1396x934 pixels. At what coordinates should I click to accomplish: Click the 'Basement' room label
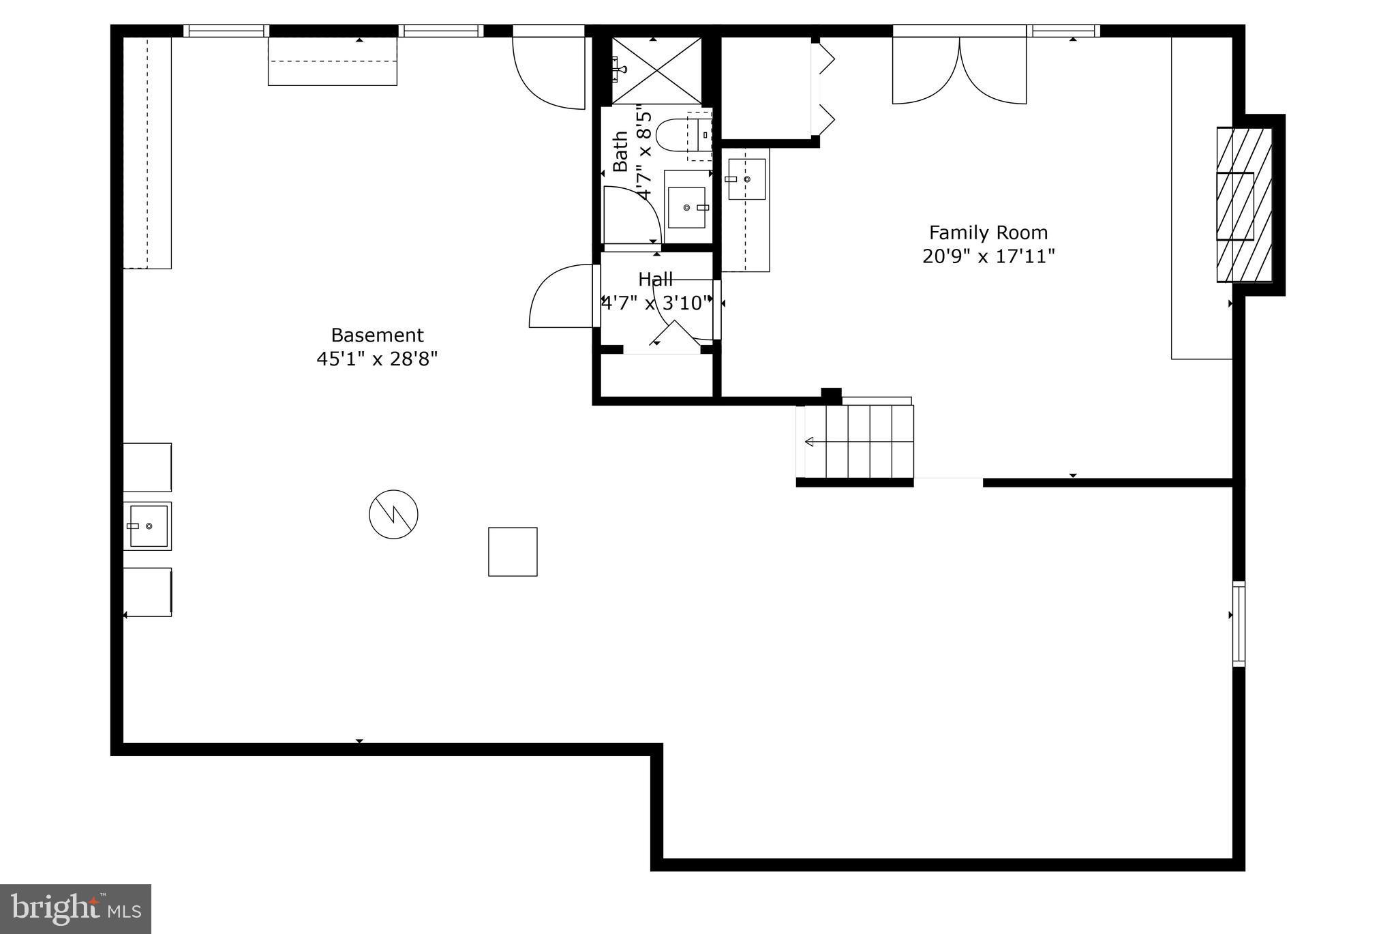[x=377, y=335]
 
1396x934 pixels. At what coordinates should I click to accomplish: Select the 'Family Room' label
[x=988, y=233]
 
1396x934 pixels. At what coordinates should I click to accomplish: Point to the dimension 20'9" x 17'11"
[x=988, y=257]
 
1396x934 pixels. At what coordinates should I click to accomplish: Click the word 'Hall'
[x=656, y=280]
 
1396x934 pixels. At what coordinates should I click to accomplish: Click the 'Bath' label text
[x=620, y=151]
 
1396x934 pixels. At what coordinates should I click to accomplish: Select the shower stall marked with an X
[x=656, y=70]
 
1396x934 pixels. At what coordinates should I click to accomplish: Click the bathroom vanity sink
[x=687, y=207]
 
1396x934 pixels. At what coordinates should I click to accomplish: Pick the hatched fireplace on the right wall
[x=1245, y=205]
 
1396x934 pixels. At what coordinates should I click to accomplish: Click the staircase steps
[x=859, y=442]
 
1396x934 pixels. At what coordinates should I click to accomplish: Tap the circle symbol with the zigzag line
[x=393, y=514]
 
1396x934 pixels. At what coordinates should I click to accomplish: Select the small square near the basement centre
[x=513, y=552]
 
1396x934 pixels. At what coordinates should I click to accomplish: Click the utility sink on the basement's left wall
[x=148, y=526]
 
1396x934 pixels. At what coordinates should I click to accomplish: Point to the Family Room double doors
[x=959, y=68]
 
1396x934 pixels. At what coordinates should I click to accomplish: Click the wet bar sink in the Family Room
[x=746, y=179]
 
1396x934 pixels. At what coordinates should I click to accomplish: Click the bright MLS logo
[x=75, y=909]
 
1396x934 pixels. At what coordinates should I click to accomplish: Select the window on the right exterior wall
[x=1239, y=623]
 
